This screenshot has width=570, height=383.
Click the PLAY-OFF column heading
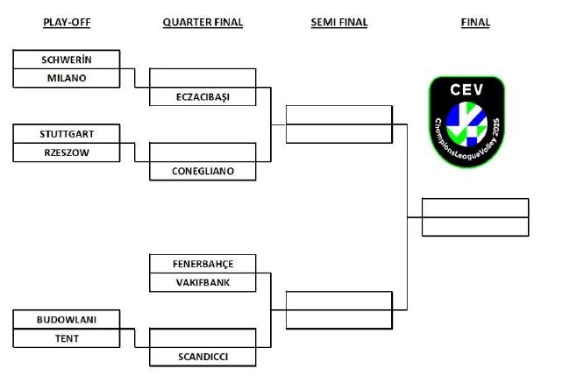coord(67,22)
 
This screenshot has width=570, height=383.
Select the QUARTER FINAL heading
coord(203,22)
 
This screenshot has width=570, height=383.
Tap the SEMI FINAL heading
coord(339,22)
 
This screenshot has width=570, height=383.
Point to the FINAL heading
coord(475,22)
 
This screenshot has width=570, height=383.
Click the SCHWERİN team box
coord(67,60)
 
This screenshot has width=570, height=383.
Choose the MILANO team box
coord(67,78)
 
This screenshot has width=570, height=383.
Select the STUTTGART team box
coord(67,134)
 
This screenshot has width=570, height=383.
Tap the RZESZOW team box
coord(67,152)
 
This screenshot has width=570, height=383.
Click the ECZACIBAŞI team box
coord(203,96)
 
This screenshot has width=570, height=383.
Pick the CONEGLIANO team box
coord(203,171)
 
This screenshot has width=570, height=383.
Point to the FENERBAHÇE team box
coord(203,264)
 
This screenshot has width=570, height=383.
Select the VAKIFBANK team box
coord(203,282)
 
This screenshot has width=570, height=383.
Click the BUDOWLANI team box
coord(67,319)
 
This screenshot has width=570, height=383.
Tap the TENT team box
coord(67,338)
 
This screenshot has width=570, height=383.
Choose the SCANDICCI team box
coord(203,357)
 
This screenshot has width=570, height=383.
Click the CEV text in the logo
coord(467,89)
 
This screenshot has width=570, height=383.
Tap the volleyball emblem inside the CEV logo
coord(467,124)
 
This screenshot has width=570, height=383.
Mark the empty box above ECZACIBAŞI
coord(203,78)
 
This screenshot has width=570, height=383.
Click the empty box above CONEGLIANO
coord(203,152)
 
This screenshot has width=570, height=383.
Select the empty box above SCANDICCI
coord(203,338)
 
